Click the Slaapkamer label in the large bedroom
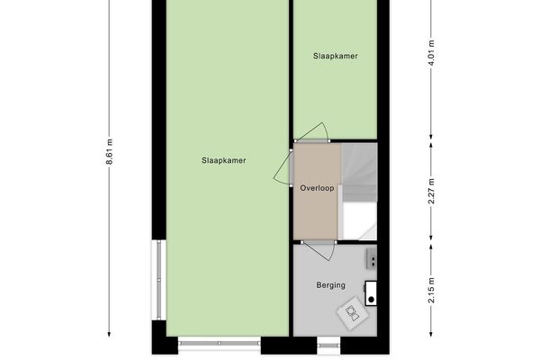pos(224,161)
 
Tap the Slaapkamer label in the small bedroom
pos(335,56)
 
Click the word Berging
pos(330,287)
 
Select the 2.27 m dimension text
pos(432,191)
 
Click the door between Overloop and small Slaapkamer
pos(314,134)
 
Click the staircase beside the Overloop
pos(359,191)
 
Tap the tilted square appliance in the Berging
pos(351,314)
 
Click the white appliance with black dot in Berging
pos(371,292)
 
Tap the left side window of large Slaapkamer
pos(159,279)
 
